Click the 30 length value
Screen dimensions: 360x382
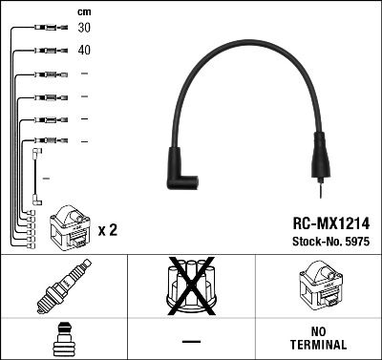point(84,29)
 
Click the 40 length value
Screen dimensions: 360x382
point(84,50)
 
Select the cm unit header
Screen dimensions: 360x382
point(83,11)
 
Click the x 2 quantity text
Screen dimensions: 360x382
point(107,231)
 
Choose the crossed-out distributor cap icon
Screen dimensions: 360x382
point(191,287)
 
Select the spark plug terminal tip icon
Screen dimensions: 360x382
point(64,338)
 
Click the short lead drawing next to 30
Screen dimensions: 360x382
point(44,29)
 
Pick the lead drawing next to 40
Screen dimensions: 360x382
point(44,50)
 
